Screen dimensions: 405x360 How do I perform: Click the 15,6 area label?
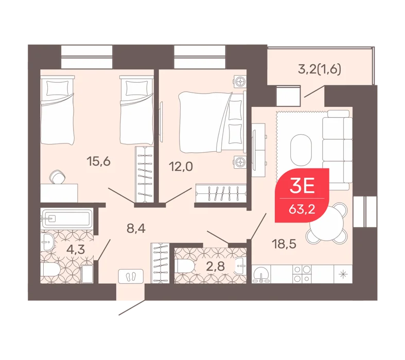click(99, 162)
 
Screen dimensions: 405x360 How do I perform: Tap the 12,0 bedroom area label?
click(181, 167)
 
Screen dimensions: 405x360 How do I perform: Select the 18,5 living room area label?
click(285, 244)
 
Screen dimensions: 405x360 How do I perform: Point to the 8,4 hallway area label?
click(136, 228)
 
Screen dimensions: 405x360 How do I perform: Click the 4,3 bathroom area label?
click(76, 250)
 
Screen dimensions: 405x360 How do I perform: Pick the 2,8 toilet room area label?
click(215, 266)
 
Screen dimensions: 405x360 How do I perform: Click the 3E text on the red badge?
click(302, 186)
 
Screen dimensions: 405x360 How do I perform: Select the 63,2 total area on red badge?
click(302, 209)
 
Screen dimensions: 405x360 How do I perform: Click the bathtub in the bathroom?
click(66, 219)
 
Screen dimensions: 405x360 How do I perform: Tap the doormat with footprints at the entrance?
click(131, 277)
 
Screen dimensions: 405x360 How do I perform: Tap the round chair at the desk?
click(58, 177)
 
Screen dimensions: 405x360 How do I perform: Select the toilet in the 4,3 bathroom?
click(50, 269)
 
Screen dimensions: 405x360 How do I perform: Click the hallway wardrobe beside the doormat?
click(160, 263)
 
